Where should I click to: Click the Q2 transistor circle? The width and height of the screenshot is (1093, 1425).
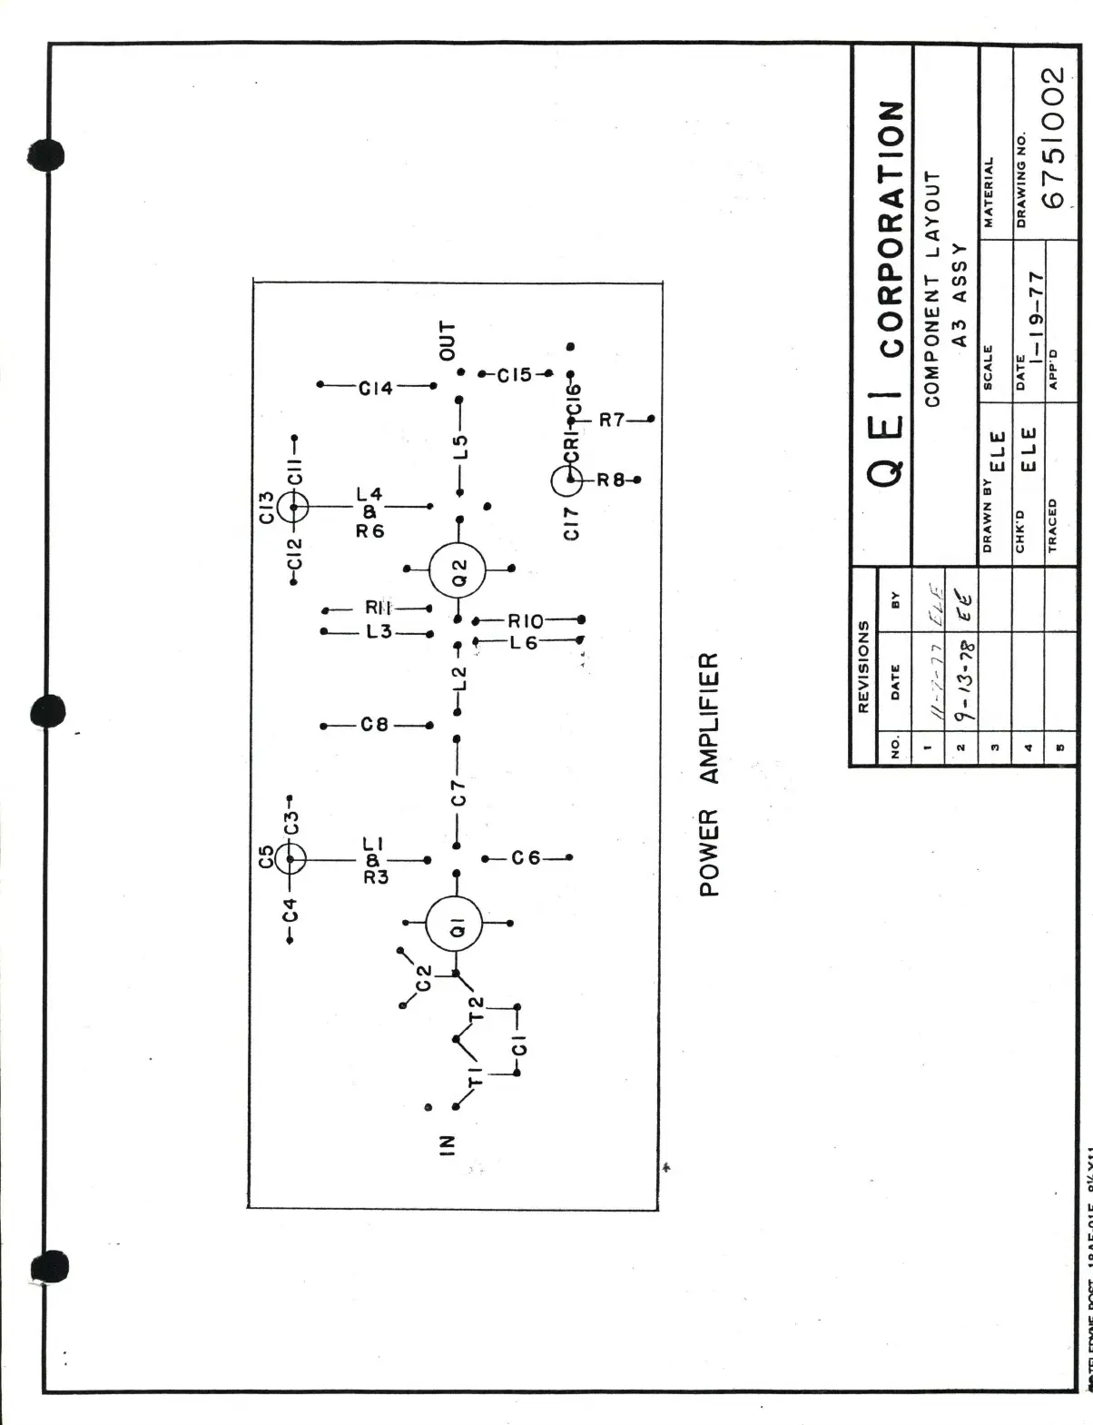(x=458, y=569)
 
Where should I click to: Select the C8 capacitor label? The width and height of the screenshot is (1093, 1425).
(x=374, y=725)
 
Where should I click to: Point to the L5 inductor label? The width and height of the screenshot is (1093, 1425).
(x=461, y=447)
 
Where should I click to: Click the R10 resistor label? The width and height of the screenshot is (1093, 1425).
(x=526, y=621)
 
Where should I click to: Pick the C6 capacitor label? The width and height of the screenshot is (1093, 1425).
(x=526, y=858)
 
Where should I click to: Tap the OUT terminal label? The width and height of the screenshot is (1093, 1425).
(x=448, y=341)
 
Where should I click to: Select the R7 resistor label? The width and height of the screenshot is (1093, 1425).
(x=612, y=420)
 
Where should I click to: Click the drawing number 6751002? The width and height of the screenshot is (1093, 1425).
(x=1053, y=137)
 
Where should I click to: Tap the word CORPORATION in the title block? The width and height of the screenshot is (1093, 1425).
(x=891, y=228)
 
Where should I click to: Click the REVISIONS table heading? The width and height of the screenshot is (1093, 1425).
(x=863, y=666)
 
